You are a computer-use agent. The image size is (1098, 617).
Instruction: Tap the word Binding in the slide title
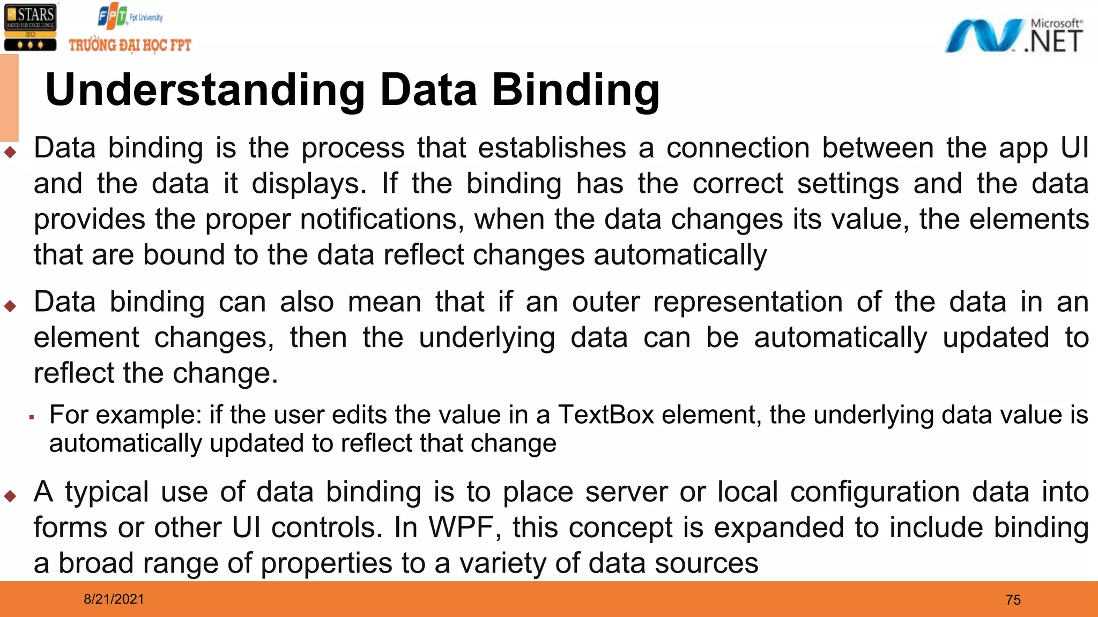point(576,90)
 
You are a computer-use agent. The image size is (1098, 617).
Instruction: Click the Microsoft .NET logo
point(1013,36)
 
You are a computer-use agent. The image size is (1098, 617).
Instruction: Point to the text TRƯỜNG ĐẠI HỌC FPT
point(130,45)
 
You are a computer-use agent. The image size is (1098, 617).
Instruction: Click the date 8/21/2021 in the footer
point(114,599)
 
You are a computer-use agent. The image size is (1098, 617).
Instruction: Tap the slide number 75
point(1013,600)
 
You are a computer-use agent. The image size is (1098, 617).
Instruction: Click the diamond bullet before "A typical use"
point(10,496)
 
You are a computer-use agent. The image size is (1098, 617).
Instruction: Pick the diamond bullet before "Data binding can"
point(10,306)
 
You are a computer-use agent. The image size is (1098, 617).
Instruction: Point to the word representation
point(748,302)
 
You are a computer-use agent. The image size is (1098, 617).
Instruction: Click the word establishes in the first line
point(552,148)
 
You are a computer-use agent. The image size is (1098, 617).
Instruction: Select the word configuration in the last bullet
point(874,492)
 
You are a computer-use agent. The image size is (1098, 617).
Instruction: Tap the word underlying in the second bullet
point(487,338)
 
